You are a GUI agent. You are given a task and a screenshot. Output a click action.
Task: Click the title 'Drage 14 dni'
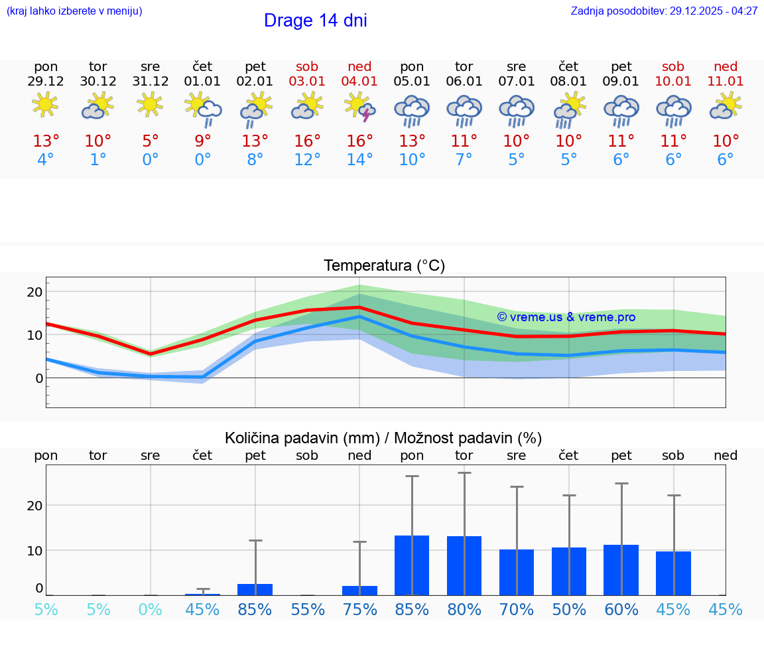tap(315, 21)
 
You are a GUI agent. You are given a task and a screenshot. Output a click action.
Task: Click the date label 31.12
tap(151, 82)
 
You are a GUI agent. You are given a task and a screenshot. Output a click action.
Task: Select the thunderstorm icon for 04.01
tap(359, 107)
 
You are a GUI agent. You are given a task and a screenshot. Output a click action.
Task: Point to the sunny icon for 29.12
tap(45, 104)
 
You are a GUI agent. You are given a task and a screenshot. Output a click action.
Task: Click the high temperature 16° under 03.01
tap(307, 141)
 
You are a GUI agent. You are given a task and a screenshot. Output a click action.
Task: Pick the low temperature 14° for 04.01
tap(359, 160)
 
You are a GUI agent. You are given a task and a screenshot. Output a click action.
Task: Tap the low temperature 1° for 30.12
tap(98, 160)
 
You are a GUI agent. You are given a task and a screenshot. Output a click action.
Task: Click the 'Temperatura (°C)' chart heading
tap(384, 266)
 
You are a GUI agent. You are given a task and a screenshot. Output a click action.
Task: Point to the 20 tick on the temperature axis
tap(34, 292)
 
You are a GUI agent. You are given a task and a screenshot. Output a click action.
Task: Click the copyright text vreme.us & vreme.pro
tap(566, 317)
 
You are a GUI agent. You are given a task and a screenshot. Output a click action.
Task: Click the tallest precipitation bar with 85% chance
tap(412, 565)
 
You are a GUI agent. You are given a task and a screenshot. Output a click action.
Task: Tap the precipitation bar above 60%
tap(621, 569)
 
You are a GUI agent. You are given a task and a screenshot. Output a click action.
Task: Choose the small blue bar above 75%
tap(359, 590)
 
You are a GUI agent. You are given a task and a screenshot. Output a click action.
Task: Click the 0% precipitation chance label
tap(151, 610)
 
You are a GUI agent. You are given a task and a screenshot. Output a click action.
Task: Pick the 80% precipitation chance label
tap(464, 610)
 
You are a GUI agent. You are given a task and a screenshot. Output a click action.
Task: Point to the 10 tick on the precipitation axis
tap(34, 550)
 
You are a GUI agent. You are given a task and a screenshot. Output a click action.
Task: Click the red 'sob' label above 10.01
tap(673, 66)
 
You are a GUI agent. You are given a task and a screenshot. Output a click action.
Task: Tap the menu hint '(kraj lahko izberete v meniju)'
tap(74, 11)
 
